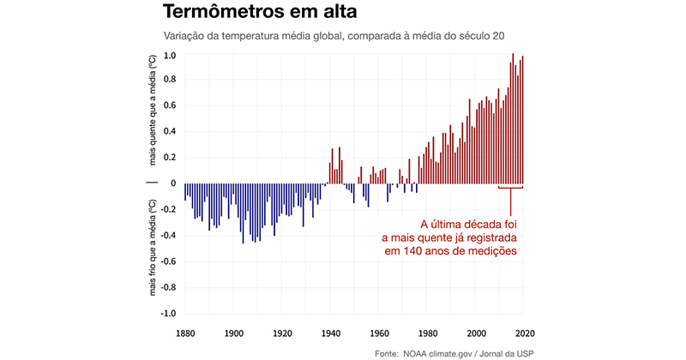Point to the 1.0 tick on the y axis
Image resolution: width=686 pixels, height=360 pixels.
[x=170, y=56]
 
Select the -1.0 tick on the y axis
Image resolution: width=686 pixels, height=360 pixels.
[x=168, y=314]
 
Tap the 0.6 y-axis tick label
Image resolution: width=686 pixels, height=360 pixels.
[x=170, y=106]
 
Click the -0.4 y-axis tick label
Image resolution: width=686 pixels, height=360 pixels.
[x=168, y=236]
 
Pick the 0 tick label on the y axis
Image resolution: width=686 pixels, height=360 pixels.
[x=173, y=183]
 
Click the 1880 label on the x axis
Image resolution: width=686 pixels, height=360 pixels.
[x=185, y=333]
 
